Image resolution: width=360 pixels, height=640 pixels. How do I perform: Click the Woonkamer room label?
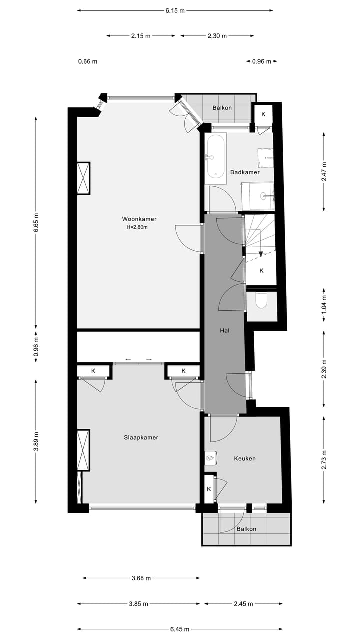tap(139, 219)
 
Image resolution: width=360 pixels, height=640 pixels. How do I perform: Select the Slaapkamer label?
tap(141, 437)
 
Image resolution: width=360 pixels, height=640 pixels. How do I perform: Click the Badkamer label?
tap(245, 172)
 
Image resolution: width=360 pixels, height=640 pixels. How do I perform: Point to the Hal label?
tap(224, 330)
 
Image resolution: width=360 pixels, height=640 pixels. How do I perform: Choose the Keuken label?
tap(245, 458)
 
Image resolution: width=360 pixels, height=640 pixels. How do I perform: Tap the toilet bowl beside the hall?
tap(261, 300)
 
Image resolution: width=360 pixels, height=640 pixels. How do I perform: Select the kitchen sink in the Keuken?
tap(210, 457)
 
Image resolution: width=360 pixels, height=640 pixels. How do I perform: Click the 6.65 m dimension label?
tap(36, 223)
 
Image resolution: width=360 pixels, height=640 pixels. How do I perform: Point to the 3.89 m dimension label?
tap(36, 441)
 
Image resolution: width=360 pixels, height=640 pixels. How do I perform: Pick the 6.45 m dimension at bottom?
tap(180, 629)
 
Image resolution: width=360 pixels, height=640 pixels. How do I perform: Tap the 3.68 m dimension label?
tap(141, 578)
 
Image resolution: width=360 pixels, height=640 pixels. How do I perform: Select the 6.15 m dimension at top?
tap(175, 10)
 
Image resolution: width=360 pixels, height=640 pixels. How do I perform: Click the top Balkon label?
tap(222, 108)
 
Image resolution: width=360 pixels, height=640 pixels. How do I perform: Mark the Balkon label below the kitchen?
tap(246, 529)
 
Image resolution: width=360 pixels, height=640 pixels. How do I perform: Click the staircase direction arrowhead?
tap(261, 254)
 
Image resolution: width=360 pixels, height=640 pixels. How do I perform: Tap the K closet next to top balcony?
tap(263, 114)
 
